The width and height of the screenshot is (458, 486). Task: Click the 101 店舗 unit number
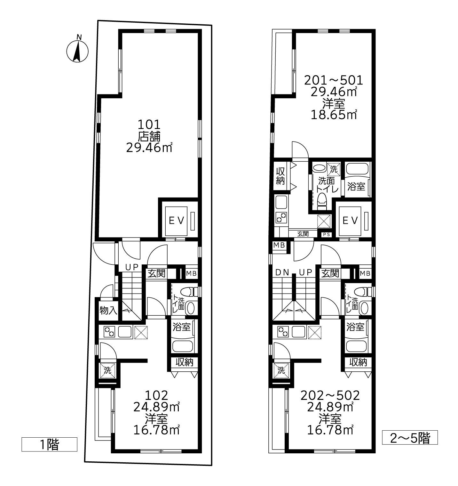point(149,125)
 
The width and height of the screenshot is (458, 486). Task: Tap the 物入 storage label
point(108,311)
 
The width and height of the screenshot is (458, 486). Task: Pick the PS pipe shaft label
point(327,234)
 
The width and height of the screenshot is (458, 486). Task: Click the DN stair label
point(282,272)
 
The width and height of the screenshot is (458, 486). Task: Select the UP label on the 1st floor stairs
point(132,267)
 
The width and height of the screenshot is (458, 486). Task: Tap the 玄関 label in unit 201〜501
point(303,234)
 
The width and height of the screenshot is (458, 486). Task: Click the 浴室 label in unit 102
point(181,327)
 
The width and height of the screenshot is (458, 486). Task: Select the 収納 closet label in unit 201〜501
point(280,176)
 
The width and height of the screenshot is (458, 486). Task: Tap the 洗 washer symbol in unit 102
point(107,370)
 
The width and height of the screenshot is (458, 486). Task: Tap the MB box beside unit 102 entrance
point(191,273)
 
